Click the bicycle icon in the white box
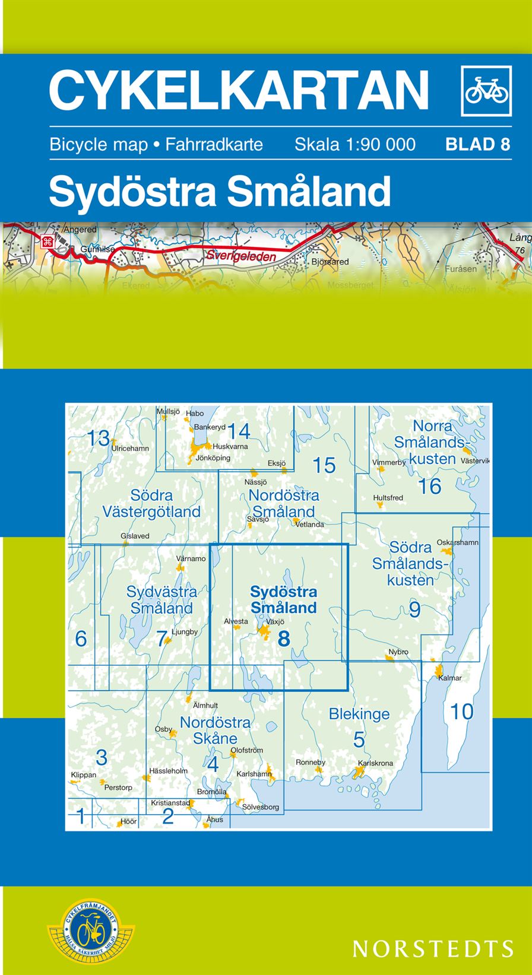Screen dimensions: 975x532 click(486, 91)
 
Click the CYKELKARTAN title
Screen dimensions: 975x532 click(239, 90)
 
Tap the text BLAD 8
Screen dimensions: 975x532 click(477, 144)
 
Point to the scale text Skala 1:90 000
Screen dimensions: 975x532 click(355, 144)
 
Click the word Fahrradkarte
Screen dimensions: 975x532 click(214, 144)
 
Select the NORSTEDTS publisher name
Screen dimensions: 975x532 click(433, 948)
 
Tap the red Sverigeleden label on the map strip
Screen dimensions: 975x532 click(242, 256)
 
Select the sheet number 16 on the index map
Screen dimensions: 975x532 click(429, 487)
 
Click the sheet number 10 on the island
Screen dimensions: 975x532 click(461, 711)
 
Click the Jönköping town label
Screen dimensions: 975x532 click(213, 458)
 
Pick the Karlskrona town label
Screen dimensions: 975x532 click(375, 763)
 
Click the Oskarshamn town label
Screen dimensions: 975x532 click(457, 542)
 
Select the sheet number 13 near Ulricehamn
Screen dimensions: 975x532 click(99, 439)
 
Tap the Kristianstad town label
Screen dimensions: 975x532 click(170, 803)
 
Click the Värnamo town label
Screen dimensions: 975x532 click(191, 558)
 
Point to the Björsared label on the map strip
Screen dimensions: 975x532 click(330, 261)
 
